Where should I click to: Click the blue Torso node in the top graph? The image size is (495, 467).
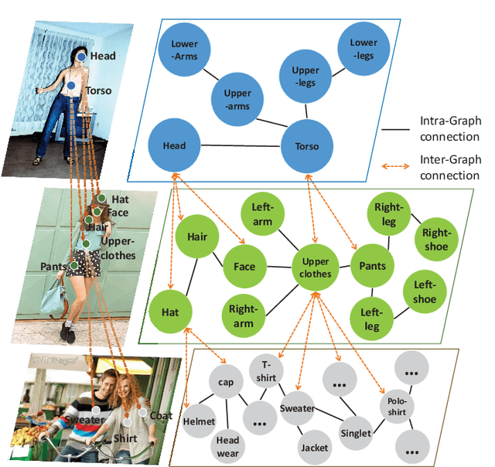pos(313,145)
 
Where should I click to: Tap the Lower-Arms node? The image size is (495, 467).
pos(184,49)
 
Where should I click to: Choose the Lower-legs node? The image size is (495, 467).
pos(364,48)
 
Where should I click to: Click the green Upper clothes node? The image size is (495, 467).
pos(316,268)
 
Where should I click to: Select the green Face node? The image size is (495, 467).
pos(244,267)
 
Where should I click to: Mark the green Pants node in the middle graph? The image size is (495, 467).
pos(373,267)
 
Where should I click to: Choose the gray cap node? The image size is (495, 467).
pos(226,382)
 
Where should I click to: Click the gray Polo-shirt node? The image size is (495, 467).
pos(398,407)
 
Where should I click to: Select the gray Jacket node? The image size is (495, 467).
pos(315,446)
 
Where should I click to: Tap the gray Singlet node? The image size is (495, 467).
pos(357,433)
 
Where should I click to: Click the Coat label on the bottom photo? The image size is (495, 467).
pos(161,415)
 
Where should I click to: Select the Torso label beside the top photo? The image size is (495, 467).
pos(98,90)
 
